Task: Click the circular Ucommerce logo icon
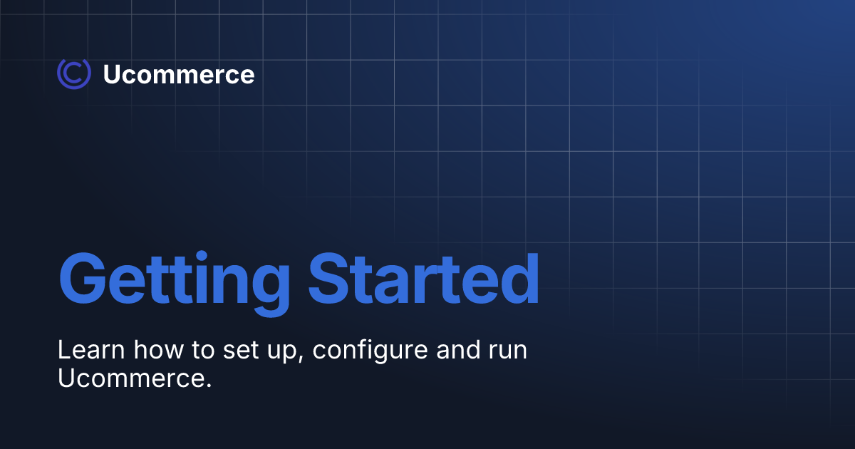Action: tap(73, 74)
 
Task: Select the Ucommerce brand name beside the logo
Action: tap(178, 75)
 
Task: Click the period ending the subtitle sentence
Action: tap(209, 386)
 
